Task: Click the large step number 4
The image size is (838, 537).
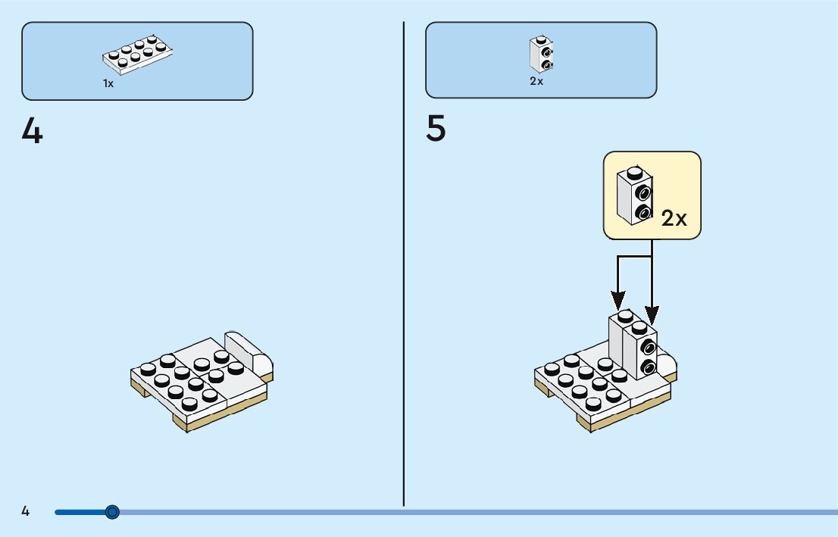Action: (32, 131)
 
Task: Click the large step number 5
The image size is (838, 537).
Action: (436, 128)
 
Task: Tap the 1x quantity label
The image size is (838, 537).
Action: (108, 83)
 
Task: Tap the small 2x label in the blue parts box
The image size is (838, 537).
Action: (536, 81)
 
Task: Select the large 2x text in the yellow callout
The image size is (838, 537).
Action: (674, 218)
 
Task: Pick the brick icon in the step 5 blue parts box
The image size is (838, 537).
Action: (541, 54)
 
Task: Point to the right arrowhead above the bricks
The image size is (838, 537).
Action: (652, 314)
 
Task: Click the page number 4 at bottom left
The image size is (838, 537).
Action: (26, 511)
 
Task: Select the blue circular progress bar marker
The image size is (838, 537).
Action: (111, 513)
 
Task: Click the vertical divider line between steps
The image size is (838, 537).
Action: (404, 264)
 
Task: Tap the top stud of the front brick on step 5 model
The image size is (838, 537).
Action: (639, 327)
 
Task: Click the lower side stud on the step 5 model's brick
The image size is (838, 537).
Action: (648, 367)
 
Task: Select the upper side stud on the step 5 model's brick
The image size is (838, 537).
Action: (648, 348)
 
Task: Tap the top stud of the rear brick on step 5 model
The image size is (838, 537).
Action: (625, 317)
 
